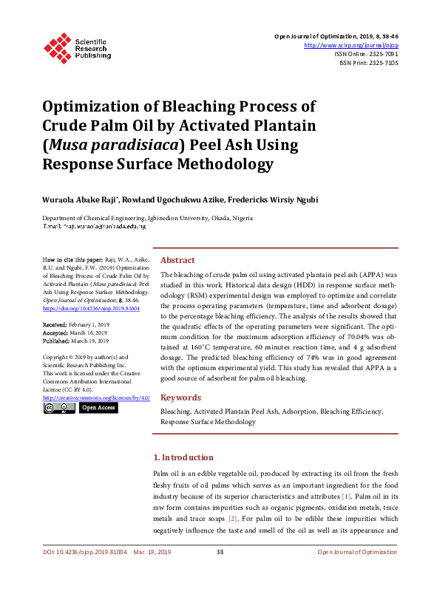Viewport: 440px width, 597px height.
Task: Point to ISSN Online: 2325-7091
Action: (x=366, y=54)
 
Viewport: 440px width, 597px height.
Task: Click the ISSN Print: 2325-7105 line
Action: (x=368, y=63)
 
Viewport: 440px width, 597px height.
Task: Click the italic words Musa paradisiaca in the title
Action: (x=115, y=145)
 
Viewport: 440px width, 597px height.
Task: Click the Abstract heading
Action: (x=177, y=260)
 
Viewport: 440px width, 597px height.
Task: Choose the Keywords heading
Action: (x=180, y=397)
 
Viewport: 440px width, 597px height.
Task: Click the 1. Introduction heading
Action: (x=183, y=457)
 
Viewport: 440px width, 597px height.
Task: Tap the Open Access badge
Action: (x=98, y=407)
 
